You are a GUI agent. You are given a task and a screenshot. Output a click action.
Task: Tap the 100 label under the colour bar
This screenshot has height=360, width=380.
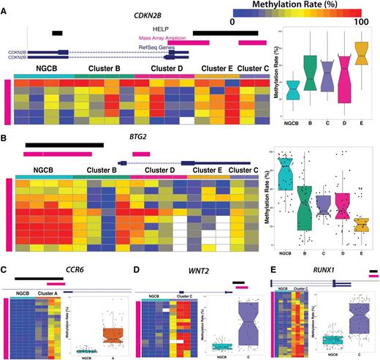coord(359,23)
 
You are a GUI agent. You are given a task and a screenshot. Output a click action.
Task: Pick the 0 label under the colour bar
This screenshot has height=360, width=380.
coord(232,23)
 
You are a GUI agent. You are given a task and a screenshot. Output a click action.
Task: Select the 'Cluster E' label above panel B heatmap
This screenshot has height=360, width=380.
coord(208,170)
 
